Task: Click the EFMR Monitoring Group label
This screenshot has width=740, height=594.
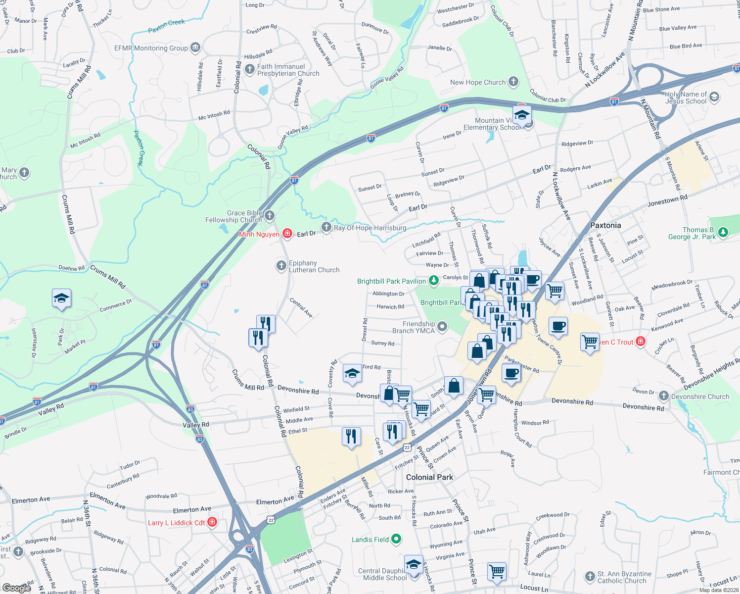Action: (x=151, y=48)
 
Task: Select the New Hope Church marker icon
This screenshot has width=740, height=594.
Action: (x=513, y=82)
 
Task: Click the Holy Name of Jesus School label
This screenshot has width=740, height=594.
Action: (x=686, y=98)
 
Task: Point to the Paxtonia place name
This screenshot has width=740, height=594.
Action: (x=605, y=225)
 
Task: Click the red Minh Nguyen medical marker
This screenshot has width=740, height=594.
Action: (x=287, y=234)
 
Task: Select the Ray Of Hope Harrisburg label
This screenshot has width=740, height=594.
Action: (x=370, y=228)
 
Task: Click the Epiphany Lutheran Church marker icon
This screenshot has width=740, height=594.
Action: (x=281, y=266)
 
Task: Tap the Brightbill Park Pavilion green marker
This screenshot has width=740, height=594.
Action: (x=434, y=281)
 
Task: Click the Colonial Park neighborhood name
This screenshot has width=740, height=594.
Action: (x=429, y=477)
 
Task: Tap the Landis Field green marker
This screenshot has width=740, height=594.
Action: (x=396, y=539)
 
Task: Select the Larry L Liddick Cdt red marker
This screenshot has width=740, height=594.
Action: (x=212, y=522)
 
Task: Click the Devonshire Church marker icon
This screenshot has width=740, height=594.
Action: (x=663, y=396)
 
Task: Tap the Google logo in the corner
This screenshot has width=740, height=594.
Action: (x=17, y=588)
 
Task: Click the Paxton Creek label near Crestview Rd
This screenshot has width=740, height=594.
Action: (x=166, y=26)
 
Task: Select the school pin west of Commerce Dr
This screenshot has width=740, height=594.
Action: (x=61, y=298)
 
